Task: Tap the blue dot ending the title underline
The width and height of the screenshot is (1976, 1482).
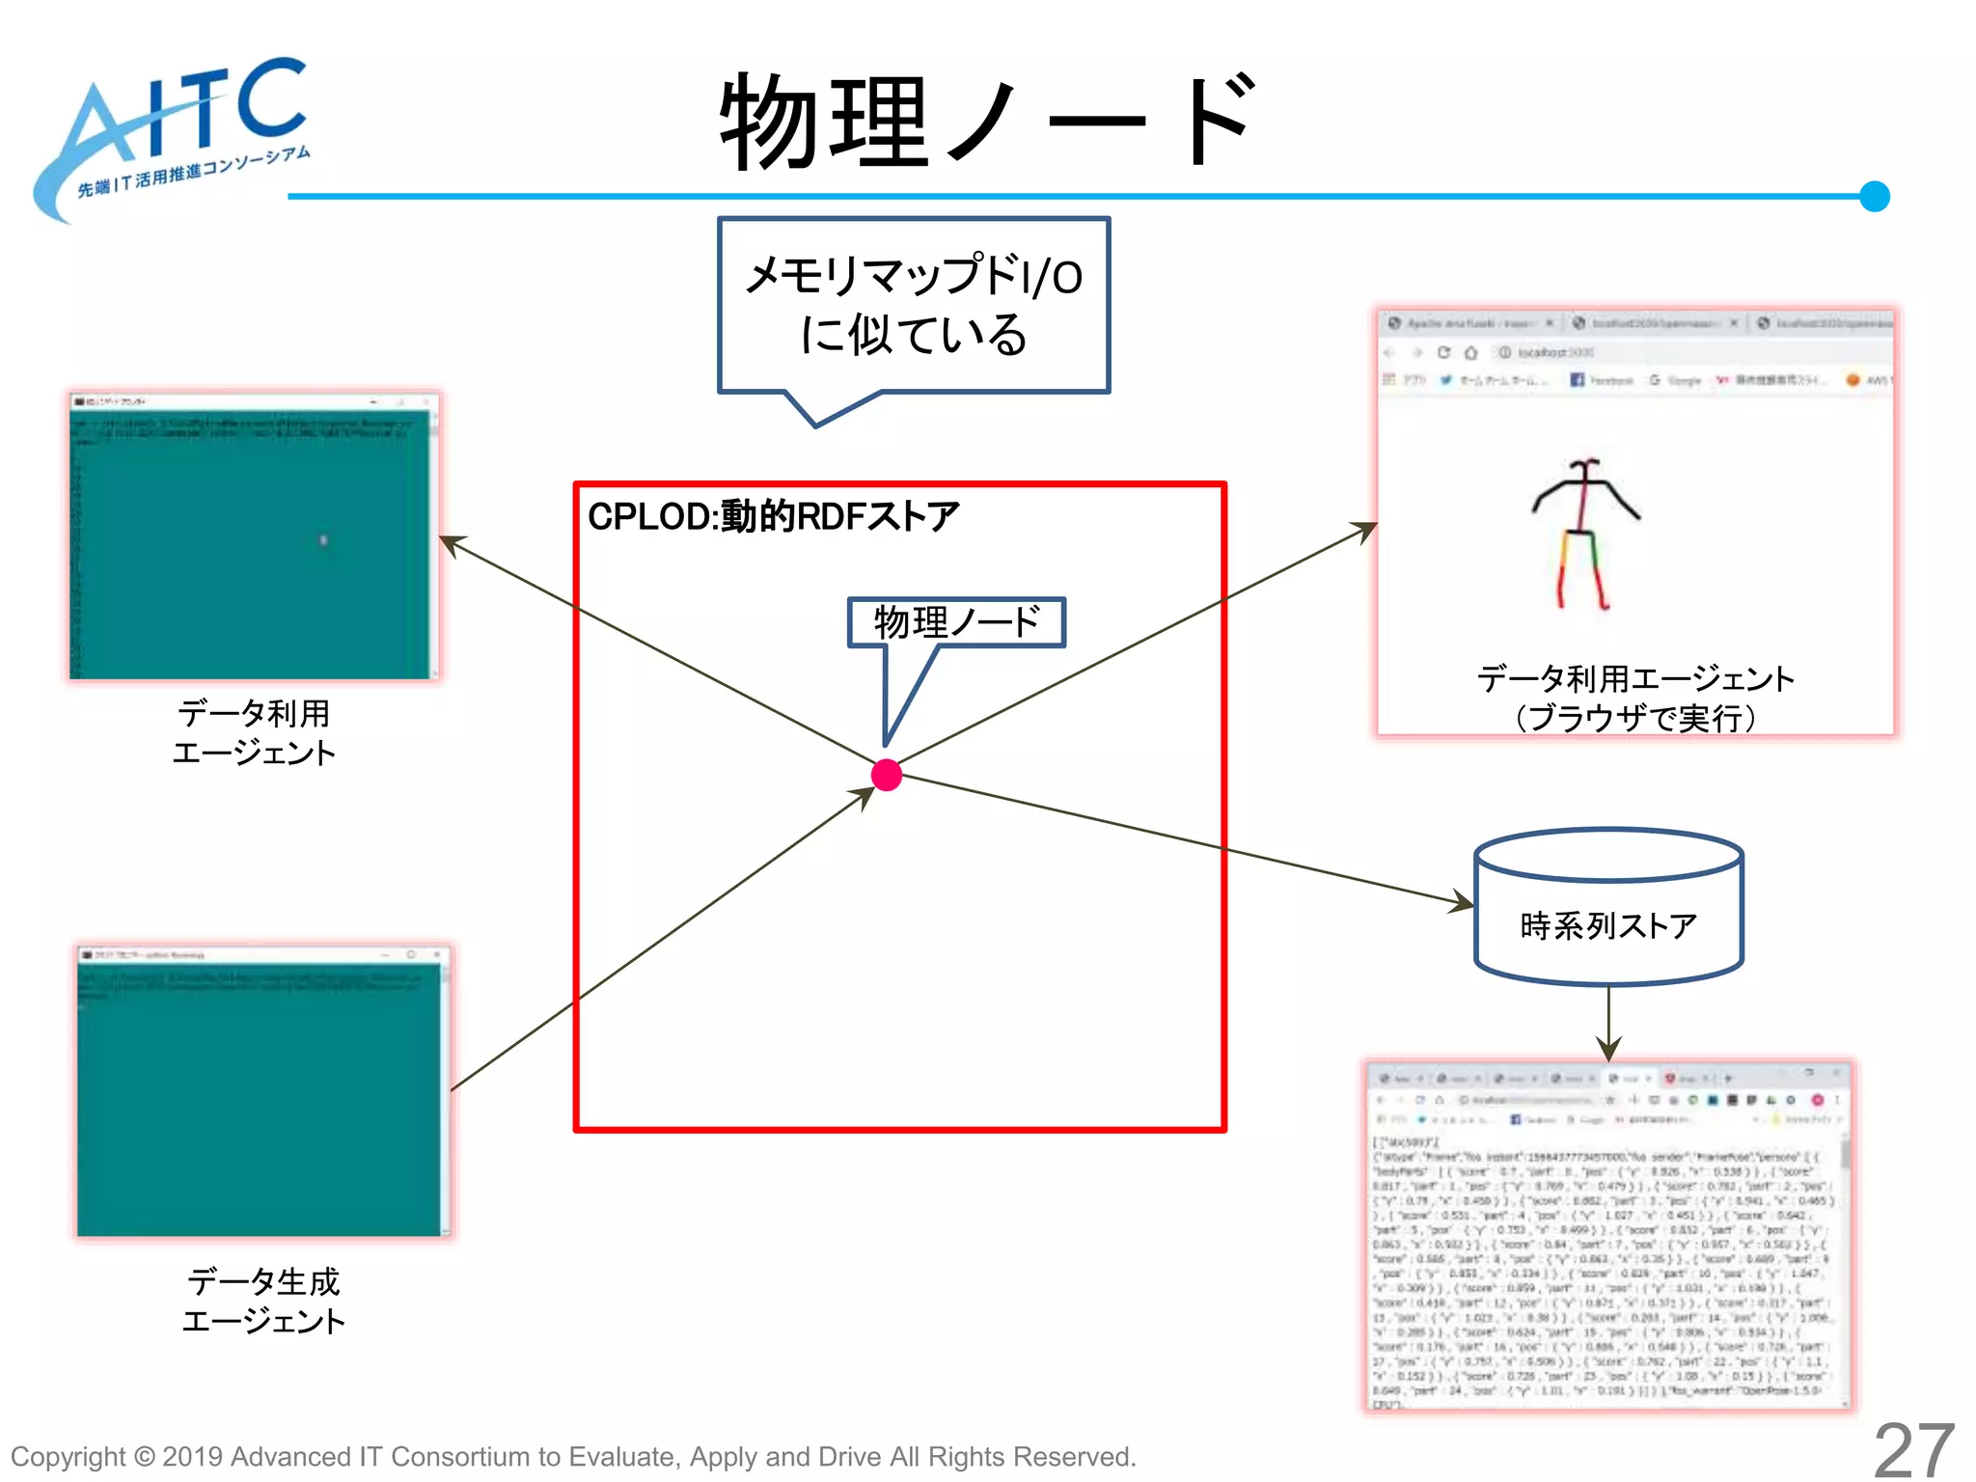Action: pyautogui.click(x=1874, y=196)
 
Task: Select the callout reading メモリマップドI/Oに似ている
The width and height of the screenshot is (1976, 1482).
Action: pyautogui.click(x=914, y=305)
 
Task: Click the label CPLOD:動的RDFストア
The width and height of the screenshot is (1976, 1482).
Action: pyautogui.click(x=773, y=517)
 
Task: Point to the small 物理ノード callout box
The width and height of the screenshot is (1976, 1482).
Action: pyautogui.click(x=956, y=622)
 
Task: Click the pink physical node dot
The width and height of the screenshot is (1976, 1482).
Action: pyautogui.click(x=886, y=775)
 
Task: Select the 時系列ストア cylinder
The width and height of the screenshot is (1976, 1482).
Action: pyautogui.click(x=1607, y=907)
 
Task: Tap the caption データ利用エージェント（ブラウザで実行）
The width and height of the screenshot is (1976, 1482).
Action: pyautogui.click(x=1634, y=698)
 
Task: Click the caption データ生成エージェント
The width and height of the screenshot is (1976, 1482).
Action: pyautogui.click(x=263, y=1301)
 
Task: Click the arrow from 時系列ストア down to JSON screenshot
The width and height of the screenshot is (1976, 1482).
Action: pyautogui.click(x=1608, y=1023)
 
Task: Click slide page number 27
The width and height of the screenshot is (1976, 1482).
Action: pyautogui.click(x=1913, y=1449)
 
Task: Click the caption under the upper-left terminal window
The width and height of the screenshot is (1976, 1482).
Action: pyautogui.click(x=254, y=732)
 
